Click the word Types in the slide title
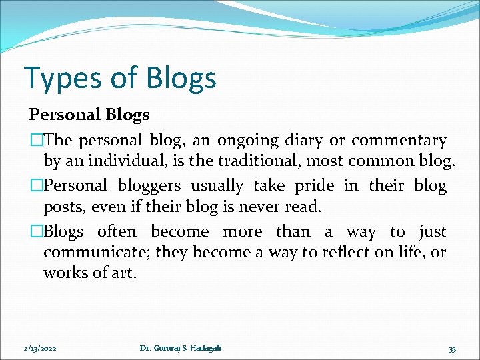coord(55,78)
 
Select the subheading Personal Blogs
coord(89,115)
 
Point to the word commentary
coord(399,141)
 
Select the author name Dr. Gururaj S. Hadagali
coord(181,348)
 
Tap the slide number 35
coord(452,349)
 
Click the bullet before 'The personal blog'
coord(33,141)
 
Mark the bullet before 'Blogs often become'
coord(33,232)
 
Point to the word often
coord(117,232)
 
